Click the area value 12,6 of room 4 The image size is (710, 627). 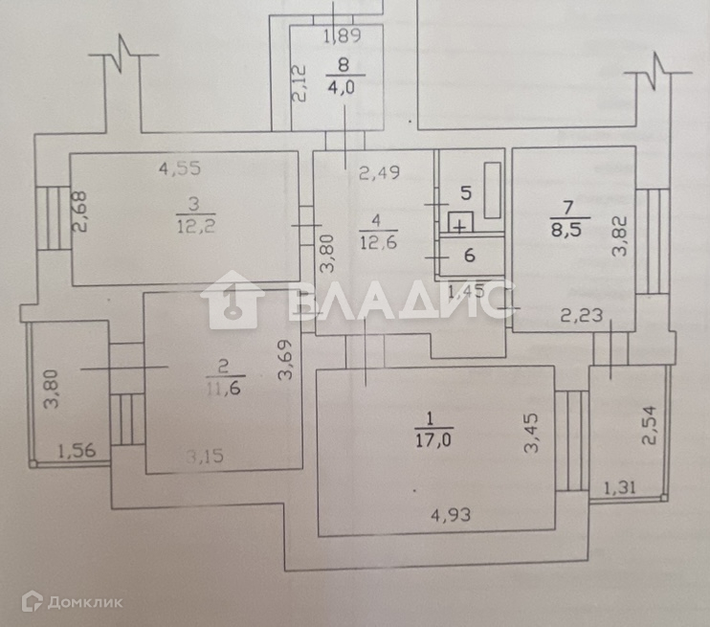377,243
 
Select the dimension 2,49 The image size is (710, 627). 378,173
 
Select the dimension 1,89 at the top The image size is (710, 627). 343,38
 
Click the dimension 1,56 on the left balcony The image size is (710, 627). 77,451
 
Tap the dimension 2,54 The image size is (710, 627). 650,425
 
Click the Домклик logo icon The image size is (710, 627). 32,601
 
